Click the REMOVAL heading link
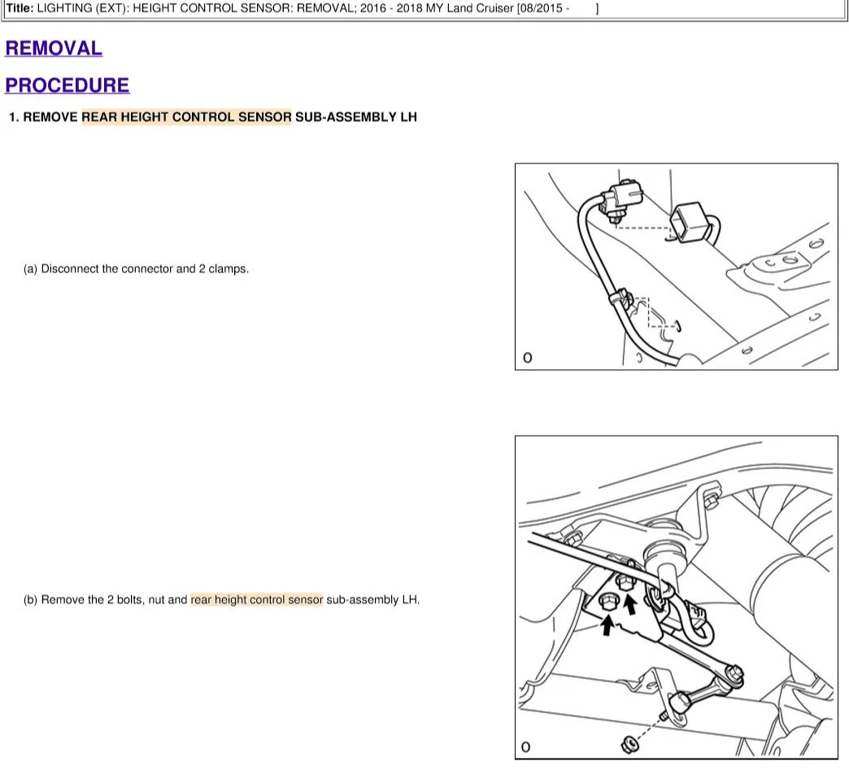click(54, 48)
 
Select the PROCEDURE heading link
click(67, 85)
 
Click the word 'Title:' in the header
click(20, 8)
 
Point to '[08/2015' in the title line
click(539, 8)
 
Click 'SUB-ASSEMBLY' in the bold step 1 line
click(346, 117)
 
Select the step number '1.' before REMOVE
click(14, 117)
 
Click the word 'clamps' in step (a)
click(228, 268)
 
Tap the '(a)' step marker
click(30, 268)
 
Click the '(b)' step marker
click(30, 599)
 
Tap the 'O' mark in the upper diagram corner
click(528, 358)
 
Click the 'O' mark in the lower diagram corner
click(525, 747)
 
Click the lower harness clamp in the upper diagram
click(620, 298)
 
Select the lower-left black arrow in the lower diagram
click(607, 626)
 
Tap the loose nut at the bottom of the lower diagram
click(629, 745)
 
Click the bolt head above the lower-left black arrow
click(607, 602)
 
